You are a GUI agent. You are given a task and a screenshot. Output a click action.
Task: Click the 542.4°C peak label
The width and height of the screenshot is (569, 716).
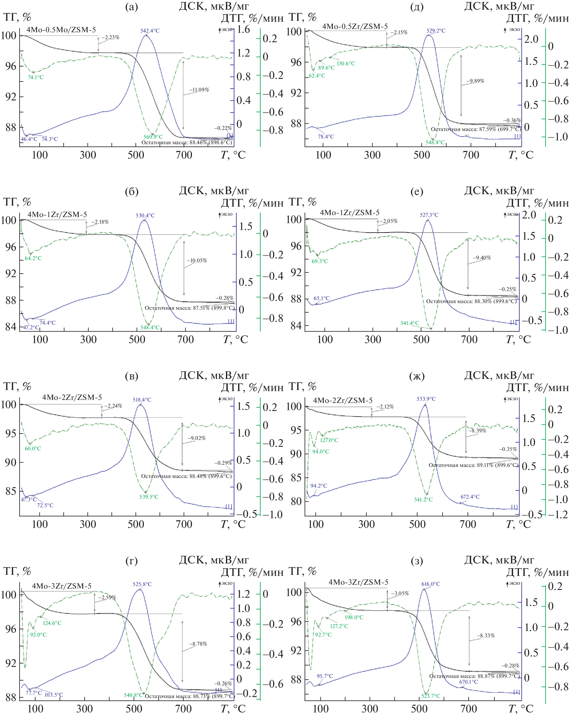click(150, 31)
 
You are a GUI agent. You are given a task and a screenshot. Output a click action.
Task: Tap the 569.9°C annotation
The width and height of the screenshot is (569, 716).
click(153, 137)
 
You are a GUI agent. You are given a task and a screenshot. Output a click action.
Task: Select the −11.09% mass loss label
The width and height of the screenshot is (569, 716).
click(199, 90)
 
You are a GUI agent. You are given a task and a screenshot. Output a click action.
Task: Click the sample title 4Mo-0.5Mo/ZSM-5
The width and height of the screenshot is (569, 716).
click(61, 30)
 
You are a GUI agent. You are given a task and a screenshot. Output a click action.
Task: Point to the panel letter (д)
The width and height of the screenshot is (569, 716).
click(417, 7)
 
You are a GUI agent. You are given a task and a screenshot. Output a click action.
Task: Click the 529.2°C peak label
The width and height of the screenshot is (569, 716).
click(436, 31)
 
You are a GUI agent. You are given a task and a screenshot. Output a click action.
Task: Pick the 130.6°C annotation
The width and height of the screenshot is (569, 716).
click(346, 63)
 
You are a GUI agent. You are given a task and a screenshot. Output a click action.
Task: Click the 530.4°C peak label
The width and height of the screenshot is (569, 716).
click(145, 215)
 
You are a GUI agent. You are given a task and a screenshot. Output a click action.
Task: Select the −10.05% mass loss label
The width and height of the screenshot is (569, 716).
click(197, 261)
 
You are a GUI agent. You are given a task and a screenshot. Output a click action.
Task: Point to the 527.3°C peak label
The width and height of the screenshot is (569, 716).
click(429, 215)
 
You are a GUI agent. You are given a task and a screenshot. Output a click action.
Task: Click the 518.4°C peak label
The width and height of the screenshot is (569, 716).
click(142, 400)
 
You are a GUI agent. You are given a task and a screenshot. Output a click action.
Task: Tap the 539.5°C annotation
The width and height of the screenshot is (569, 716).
click(149, 497)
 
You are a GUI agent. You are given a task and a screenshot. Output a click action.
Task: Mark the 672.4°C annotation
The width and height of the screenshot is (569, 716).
click(470, 497)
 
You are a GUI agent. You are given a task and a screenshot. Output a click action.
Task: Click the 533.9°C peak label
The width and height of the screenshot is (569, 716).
click(426, 399)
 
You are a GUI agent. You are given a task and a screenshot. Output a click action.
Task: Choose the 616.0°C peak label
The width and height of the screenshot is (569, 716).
click(431, 584)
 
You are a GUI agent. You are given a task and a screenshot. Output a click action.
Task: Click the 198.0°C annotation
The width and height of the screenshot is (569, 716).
click(354, 617)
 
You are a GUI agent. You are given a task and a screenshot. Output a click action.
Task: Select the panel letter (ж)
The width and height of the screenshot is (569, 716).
click(417, 376)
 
